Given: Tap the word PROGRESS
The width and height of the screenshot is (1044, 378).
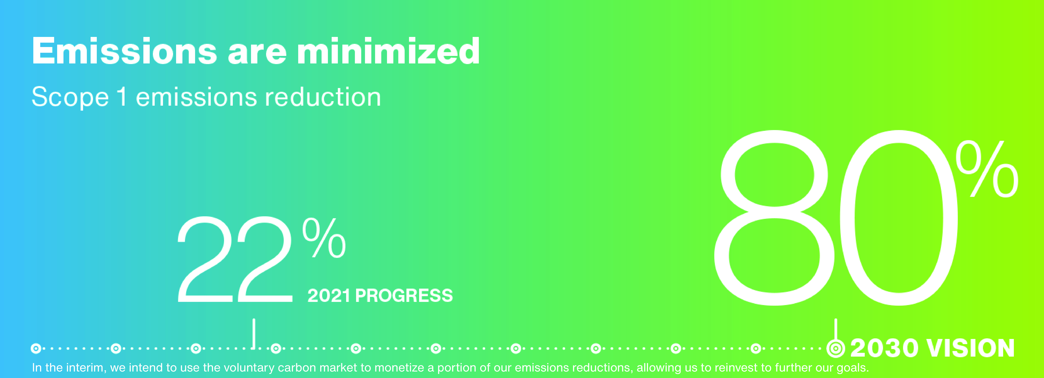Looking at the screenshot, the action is click(x=404, y=295).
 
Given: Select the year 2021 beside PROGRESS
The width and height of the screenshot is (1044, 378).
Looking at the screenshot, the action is click(x=329, y=295).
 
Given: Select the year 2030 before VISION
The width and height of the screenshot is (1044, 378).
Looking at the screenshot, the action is click(x=884, y=348).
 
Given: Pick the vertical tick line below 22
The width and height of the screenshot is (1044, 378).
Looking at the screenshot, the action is click(x=254, y=333).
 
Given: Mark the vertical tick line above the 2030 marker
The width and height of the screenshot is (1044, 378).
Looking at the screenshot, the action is click(x=836, y=329).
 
